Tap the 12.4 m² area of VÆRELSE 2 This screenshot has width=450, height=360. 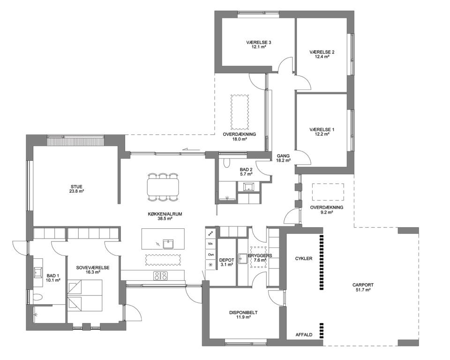coord(322,57)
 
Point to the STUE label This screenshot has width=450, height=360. coord(76,187)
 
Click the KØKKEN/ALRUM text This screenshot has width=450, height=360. coord(165,214)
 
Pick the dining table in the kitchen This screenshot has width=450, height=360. coord(163,187)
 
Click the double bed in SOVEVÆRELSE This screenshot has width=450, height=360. coord(85,295)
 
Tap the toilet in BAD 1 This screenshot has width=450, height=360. coord(38,297)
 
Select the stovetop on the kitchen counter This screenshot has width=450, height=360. coord(160,276)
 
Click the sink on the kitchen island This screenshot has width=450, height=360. coord(168,244)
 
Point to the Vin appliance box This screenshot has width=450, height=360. coord(210,244)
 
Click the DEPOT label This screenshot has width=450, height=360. coord(226,260)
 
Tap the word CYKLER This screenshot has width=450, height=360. coord(304,258)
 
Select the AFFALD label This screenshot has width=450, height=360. coord(304,335)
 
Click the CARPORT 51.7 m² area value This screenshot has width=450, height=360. coord(363,290)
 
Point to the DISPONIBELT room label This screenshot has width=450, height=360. coord(243,313)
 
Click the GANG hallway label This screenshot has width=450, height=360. coord(283,156)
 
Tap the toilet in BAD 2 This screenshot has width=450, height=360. coord(227,163)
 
